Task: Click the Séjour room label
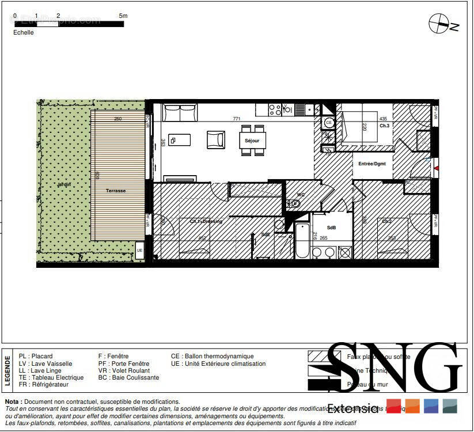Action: coord(252,141)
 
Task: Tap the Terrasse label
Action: coord(116,191)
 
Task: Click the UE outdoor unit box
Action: coord(139,250)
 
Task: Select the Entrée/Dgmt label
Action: coord(372,164)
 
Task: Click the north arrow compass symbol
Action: coord(442,24)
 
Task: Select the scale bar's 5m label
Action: coord(123,16)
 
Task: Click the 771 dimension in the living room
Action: coord(236,119)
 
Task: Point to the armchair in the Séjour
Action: coord(216,139)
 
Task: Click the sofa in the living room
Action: coord(180,112)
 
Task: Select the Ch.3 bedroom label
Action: coord(384,126)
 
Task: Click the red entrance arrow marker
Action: coord(437,168)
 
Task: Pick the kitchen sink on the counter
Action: coord(299,109)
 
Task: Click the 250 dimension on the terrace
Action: coord(117,119)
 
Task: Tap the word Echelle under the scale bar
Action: coord(24,33)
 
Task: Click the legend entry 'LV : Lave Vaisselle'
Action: coord(45,363)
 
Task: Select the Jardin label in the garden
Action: coord(63,184)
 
